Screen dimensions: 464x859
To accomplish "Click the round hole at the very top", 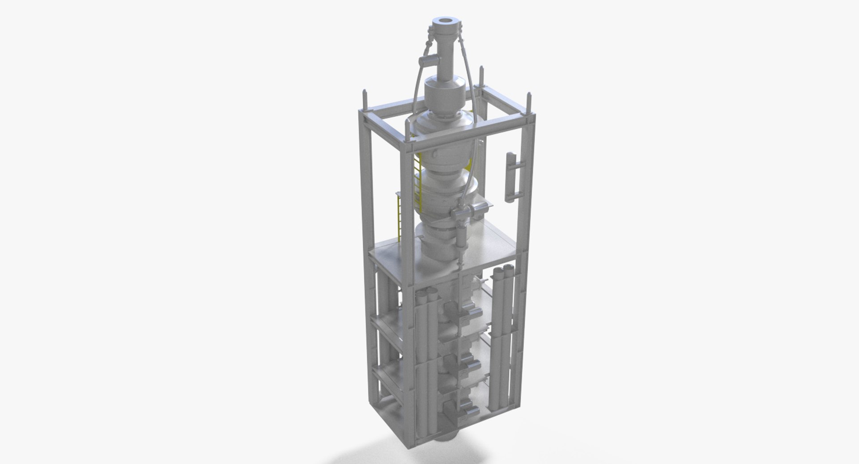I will pyautogui.click(x=444, y=21).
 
